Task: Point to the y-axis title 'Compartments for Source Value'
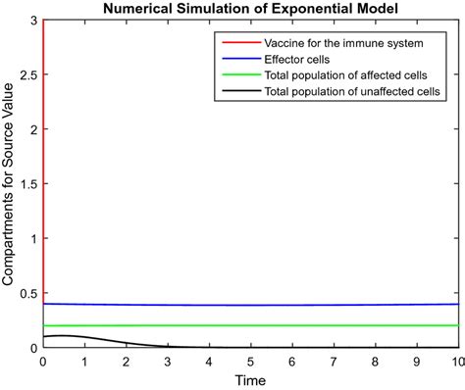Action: (9, 184)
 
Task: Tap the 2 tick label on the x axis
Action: (127, 361)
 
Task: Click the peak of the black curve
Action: (61, 336)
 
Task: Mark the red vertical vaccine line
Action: (43, 147)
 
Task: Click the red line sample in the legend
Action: (239, 44)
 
